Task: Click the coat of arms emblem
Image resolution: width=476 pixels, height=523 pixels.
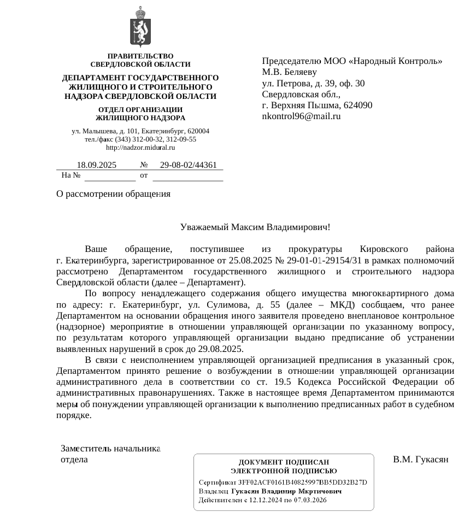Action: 140,27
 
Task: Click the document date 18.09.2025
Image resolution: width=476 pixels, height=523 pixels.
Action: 97,165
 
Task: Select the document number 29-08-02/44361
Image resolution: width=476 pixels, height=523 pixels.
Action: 189,165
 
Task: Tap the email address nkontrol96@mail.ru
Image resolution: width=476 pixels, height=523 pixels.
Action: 301,116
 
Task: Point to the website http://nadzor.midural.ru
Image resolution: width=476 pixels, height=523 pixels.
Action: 140,148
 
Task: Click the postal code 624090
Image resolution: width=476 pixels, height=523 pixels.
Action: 356,105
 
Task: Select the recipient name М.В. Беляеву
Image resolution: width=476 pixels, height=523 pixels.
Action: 290,72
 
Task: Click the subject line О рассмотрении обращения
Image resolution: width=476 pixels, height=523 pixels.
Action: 114,194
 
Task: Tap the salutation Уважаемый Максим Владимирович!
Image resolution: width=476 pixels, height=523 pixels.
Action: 255,227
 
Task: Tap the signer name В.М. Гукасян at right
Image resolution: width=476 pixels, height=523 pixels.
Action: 421,459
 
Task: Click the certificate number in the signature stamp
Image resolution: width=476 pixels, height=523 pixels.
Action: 303,482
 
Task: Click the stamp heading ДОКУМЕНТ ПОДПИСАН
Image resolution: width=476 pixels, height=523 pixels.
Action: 284,462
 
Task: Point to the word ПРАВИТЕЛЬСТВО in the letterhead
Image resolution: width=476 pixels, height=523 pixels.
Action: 140,56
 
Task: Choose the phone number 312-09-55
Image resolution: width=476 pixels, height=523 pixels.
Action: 180,139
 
